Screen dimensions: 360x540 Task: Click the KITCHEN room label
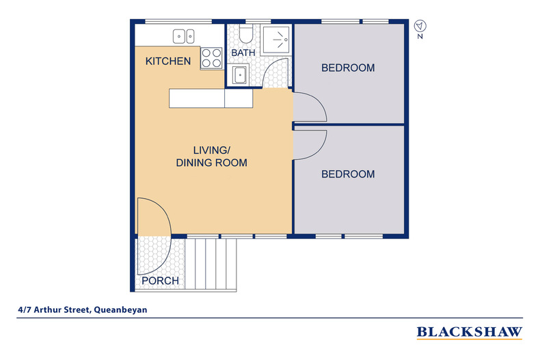(x=168, y=61)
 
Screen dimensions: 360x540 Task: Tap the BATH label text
(x=243, y=53)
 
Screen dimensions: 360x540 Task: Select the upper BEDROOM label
(x=348, y=68)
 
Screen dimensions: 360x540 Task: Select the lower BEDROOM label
(x=348, y=174)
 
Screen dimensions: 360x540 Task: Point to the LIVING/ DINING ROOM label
(x=211, y=156)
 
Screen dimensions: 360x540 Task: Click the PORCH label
(x=160, y=281)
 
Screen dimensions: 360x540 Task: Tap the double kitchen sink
(x=183, y=36)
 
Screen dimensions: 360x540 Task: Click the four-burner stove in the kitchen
(x=211, y=57)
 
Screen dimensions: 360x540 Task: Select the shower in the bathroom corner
(x=278, y=40)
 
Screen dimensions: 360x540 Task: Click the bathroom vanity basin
(x=239, y=75)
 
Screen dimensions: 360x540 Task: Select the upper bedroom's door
(x=308, y=106)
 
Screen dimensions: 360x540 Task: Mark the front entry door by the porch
(x=152, y=217)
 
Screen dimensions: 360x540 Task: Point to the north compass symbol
(x=420, y=27)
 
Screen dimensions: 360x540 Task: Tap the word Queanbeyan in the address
(x=120, y=309)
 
